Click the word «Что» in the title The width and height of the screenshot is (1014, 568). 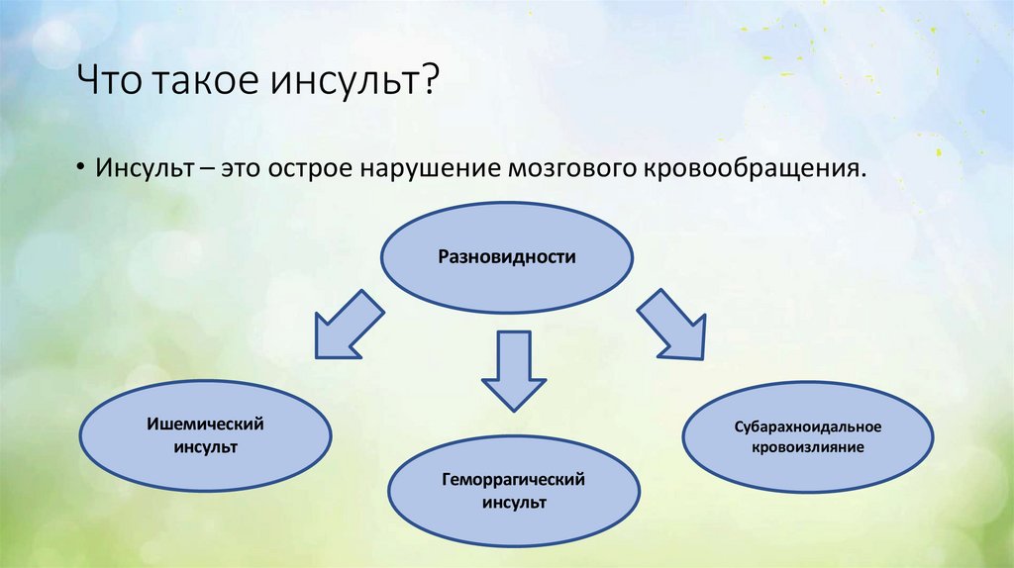point(112,79)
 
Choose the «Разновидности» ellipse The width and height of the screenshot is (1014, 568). point(507,256)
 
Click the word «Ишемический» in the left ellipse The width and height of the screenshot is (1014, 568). point(203,424)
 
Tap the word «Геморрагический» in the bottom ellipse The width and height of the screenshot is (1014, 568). point(514,479)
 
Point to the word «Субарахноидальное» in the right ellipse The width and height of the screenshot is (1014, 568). point(808,426)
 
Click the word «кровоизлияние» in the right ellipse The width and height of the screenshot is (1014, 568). point(808,447)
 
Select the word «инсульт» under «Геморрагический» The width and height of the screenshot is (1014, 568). point(514,502)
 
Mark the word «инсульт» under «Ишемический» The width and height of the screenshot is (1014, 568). point(203,446)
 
